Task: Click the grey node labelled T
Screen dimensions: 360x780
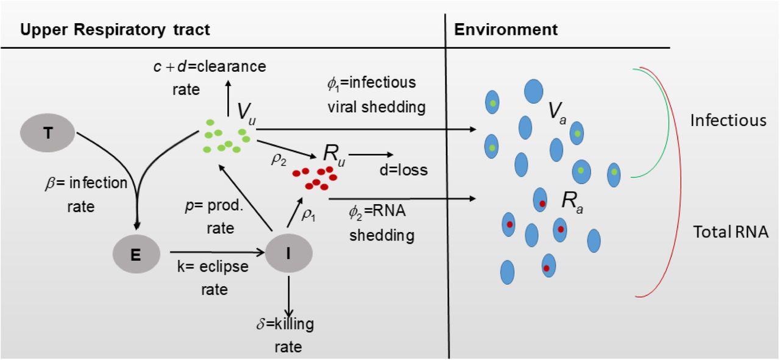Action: (x=48, y=132)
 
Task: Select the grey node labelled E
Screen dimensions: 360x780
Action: (x=136, y=254)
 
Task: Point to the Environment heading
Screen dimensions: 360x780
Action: (x=506, y=29)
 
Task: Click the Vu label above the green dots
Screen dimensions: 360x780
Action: (x=246, y=113)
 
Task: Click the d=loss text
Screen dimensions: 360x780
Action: (x=403, y=170)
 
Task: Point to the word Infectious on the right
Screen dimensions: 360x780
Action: (x=728, y=121)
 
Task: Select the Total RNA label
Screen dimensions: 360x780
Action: (x=731, y=231)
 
